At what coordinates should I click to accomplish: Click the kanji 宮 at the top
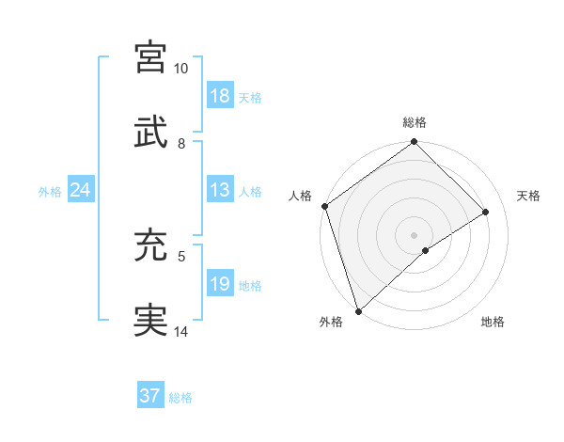click(151, 56)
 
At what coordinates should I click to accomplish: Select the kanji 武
click(151, 131)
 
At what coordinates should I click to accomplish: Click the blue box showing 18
click(220, 96)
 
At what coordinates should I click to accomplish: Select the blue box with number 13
click(220, 190)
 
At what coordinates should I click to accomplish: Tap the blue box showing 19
click(220, 284)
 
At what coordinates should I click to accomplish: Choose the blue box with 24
click(81, 190)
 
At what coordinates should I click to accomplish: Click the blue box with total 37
click(150, 396)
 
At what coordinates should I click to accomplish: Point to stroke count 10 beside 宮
click(180, 70)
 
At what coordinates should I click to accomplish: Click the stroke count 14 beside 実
click(180, 332)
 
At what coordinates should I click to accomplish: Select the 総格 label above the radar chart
click(415, 122)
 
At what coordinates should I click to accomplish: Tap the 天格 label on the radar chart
click(528, 196)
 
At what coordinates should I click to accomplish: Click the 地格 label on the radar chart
click(493, 323)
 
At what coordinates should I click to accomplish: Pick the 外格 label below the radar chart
click(331, 323)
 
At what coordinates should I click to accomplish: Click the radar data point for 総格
click(415, 143)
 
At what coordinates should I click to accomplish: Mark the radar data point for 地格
click(426, 250)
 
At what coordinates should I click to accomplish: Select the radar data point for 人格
click(324, 206)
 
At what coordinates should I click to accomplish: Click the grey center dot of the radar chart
click(415, 234)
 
